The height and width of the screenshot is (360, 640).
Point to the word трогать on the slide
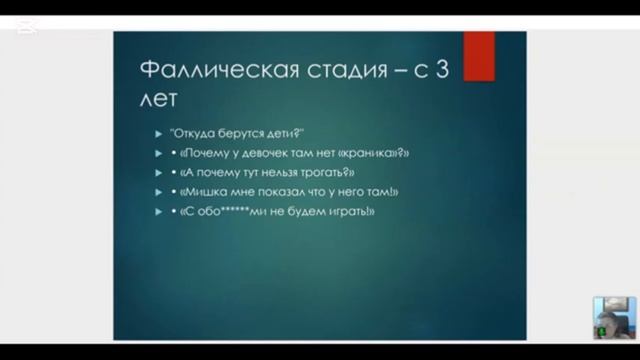[328, 173]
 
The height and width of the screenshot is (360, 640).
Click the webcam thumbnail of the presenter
[613, 317]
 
